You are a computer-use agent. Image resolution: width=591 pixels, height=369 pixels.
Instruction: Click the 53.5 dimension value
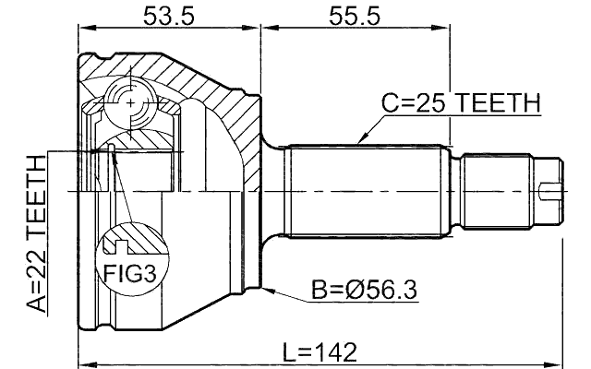168,16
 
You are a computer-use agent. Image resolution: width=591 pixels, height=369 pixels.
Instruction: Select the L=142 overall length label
319,352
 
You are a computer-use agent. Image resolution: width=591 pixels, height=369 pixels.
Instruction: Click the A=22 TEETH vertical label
35,236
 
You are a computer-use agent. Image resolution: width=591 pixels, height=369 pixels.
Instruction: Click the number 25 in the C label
429,104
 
